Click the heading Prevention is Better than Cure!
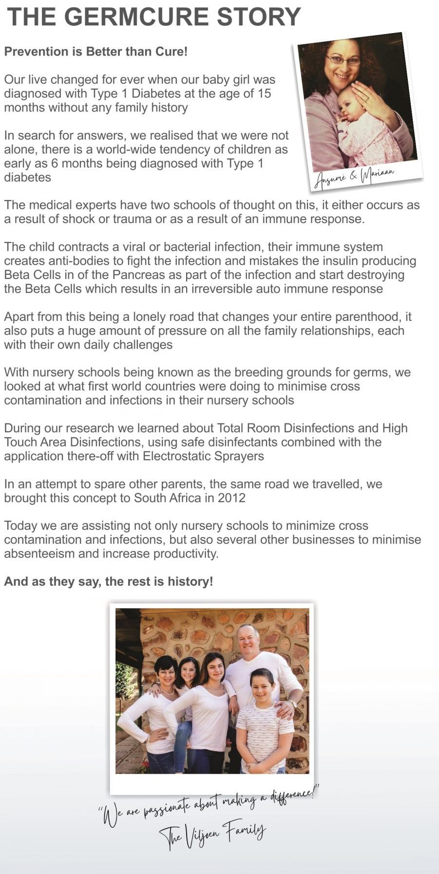pyautogui.click(x=96, y=52)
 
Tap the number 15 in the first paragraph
pyautogui.click(x=264, y=93)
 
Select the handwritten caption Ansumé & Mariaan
pyautogui.click(x=354, y=177)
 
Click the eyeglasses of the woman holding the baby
pyautogui.click(x=344, y=60)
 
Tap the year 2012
pyautogui.click(x=231, y=498)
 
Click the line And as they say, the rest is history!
pyautogui.click(x=109, y=581)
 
